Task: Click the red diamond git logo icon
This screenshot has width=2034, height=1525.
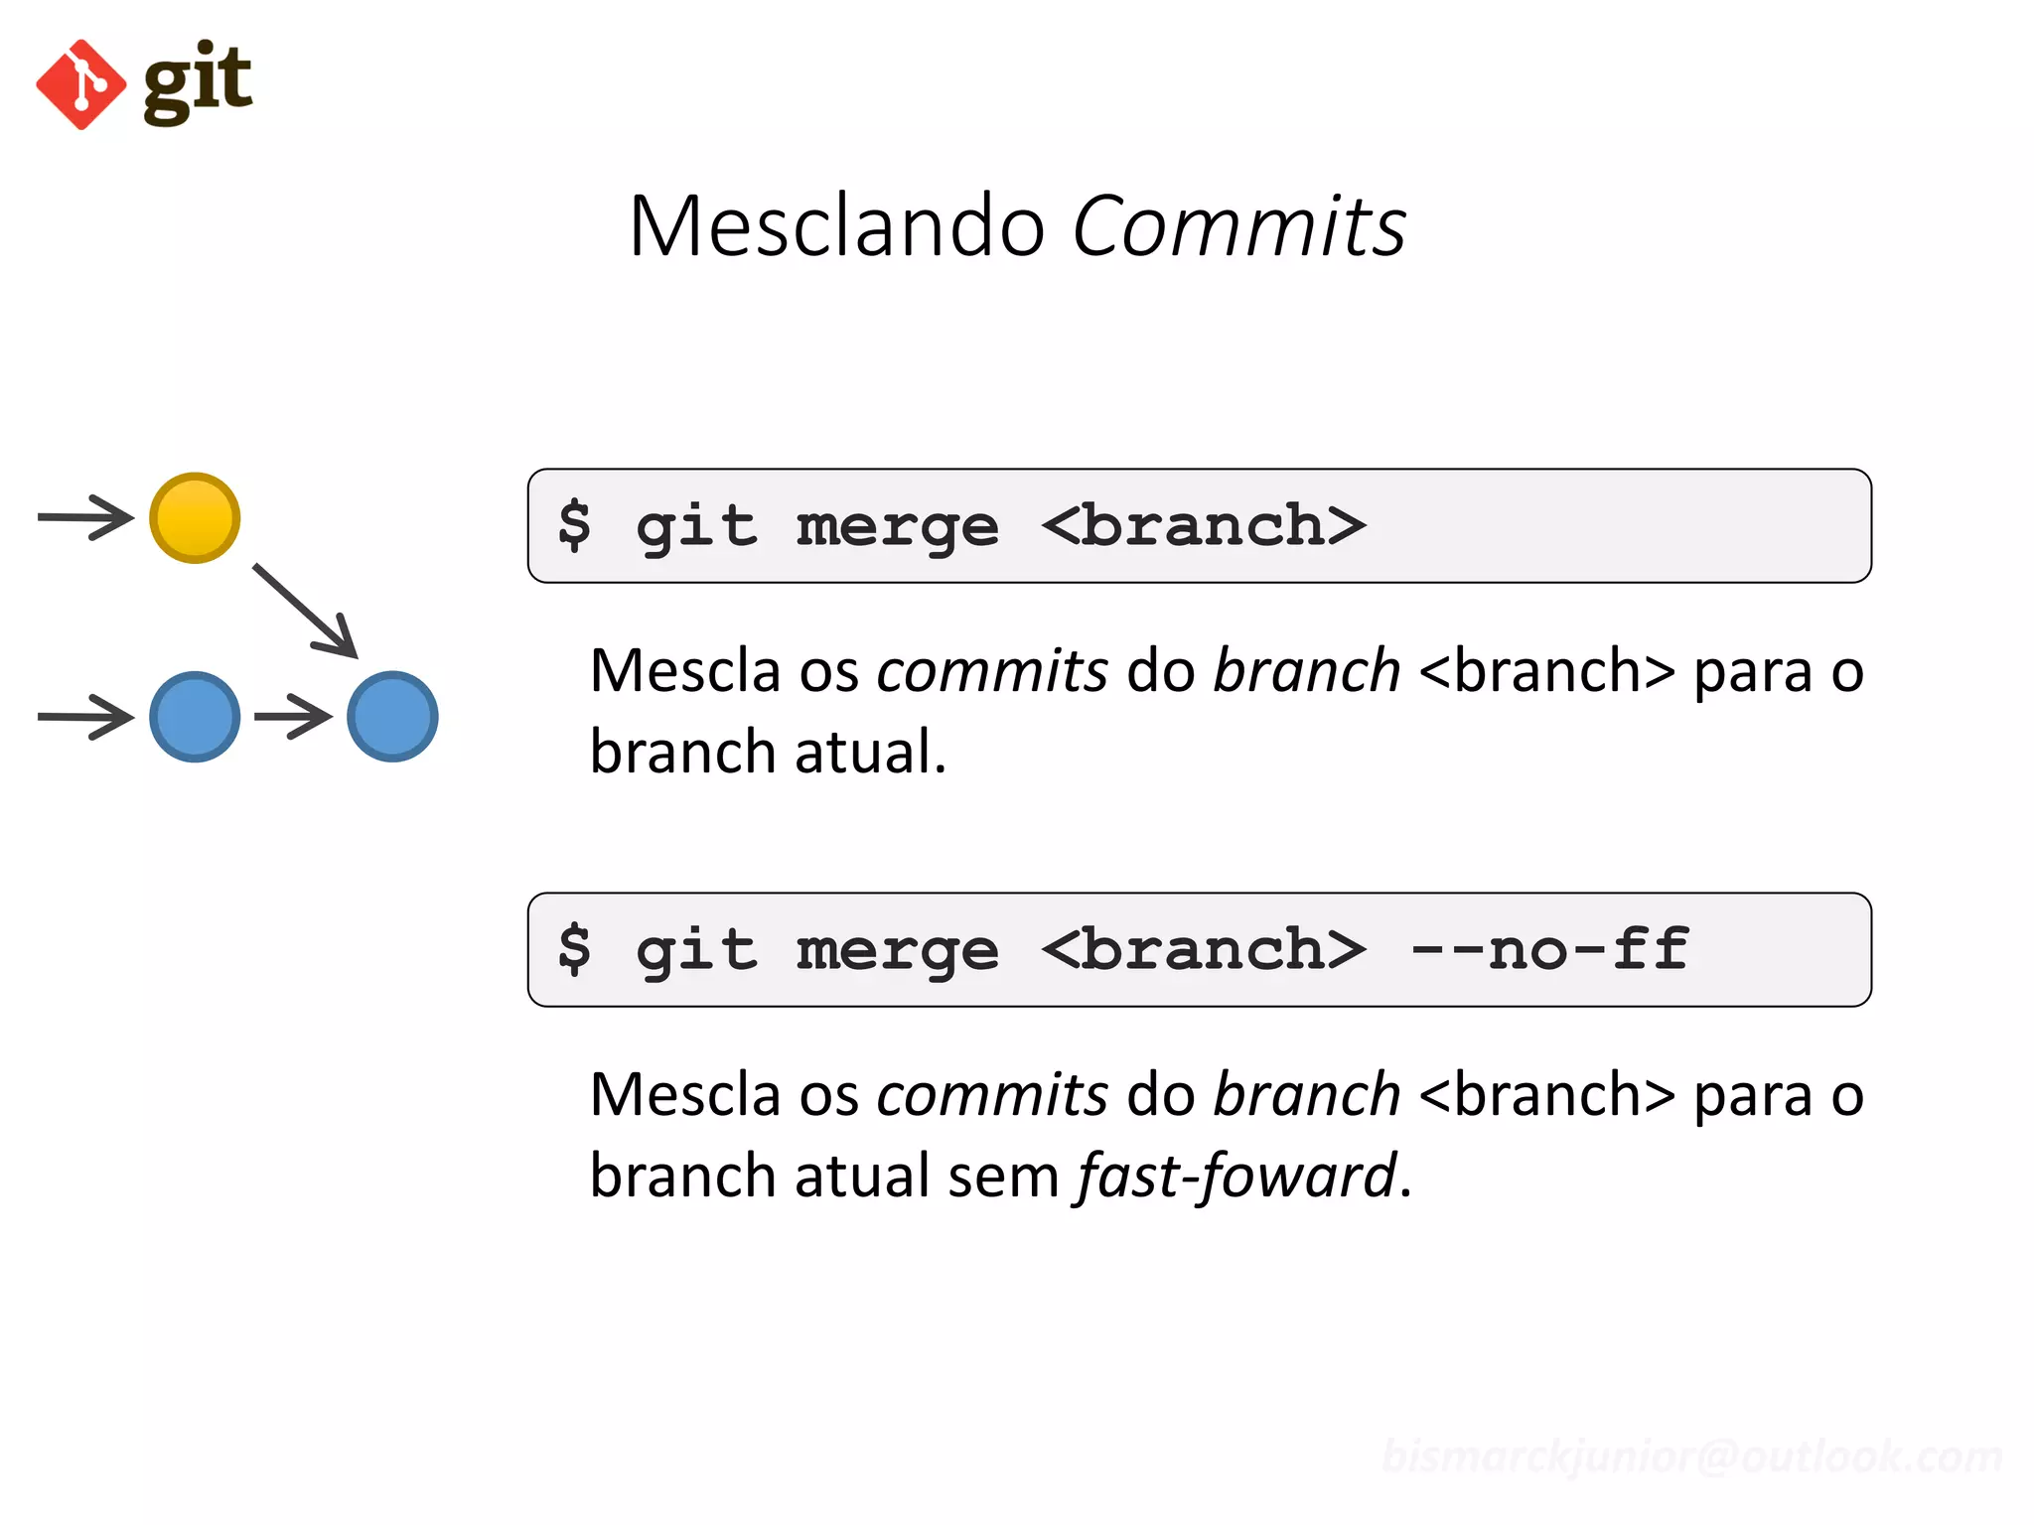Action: coord(80,84)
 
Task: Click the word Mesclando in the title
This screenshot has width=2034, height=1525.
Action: coord(836,226)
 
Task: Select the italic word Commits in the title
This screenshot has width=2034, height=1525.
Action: coord(1238,226)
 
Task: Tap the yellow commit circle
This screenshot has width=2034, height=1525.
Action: coord(195,518)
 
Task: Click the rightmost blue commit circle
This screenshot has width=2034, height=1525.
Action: coord(392,717)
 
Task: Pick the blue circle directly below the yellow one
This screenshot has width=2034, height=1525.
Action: coord(195,717)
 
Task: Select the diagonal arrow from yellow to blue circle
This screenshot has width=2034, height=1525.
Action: coord(305,611)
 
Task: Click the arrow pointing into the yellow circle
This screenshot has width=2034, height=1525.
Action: coord(85,517)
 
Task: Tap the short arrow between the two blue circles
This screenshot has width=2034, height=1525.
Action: coord(293,716)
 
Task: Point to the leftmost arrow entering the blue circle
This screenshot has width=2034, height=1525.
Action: coord(85,717)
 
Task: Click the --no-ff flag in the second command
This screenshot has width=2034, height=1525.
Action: coord(1549,949)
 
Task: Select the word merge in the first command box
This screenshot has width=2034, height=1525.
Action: coord(897,526)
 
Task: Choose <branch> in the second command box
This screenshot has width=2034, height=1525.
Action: coord(1204,949)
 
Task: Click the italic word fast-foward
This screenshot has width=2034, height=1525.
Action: coord(1237,1177)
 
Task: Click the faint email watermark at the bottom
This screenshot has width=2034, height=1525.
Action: coord(1691,1456)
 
